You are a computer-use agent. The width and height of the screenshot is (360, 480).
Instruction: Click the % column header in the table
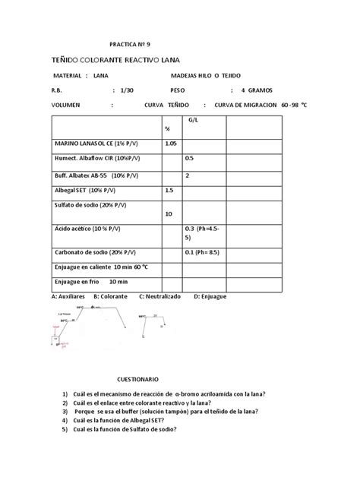click(x=167, y=128)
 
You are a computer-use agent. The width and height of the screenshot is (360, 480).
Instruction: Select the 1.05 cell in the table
click(x=171, y=142)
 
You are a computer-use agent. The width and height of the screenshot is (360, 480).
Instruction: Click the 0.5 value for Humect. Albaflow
click(x=190, y=158)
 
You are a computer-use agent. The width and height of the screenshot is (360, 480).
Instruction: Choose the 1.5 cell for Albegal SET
click(x=169, y=190)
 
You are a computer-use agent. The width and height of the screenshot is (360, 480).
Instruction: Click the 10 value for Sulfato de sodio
click(x=169, y=214)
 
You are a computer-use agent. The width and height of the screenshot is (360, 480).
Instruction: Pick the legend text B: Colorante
click(x=111, y=295)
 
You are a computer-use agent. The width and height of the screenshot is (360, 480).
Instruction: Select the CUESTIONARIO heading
click(x=137, y=377)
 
